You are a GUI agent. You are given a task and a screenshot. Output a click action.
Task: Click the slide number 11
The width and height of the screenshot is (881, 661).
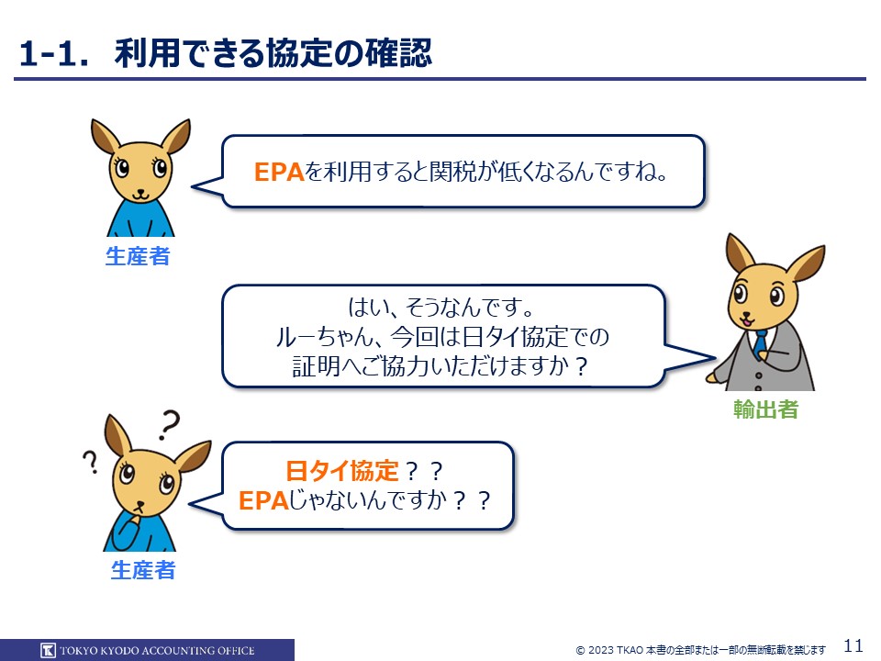[853, 644]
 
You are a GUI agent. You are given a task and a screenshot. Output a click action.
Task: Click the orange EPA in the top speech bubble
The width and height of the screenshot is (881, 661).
[279, 172]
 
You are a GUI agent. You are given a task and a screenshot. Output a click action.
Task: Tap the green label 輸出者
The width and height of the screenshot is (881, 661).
[765, 409]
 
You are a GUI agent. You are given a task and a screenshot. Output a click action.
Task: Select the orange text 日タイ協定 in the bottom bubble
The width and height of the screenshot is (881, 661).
[342, 471]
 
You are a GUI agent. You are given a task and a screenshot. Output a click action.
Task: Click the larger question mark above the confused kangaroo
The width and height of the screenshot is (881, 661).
[169, 425]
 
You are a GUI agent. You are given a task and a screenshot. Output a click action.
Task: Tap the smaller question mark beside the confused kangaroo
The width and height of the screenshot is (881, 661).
[91, 462]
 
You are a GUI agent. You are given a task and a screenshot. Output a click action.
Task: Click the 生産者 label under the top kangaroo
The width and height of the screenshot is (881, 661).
[138, 256]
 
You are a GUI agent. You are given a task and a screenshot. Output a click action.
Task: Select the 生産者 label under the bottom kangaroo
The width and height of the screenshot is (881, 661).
[143, 570]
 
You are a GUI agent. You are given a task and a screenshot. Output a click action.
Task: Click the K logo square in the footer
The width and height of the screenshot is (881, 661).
[49, 650]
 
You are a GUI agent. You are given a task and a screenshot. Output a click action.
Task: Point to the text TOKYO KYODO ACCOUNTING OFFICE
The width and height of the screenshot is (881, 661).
[157, 651]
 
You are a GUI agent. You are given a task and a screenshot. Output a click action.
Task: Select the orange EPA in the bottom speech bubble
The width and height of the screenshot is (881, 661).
[263, 500]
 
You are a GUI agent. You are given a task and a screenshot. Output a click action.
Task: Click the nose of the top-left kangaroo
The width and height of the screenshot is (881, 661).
[140, 191]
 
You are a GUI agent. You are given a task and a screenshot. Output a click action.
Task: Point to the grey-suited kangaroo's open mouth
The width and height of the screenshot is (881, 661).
[747, 321]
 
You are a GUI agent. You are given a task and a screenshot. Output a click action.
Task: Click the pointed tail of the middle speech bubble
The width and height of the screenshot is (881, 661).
[715, 357]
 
